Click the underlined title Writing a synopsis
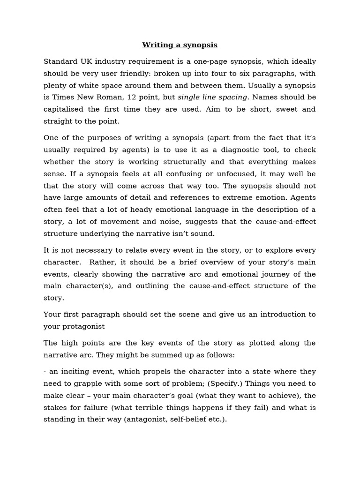tap(180, 45)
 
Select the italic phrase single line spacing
tap(212, 97)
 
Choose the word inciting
tap(73, 371)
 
